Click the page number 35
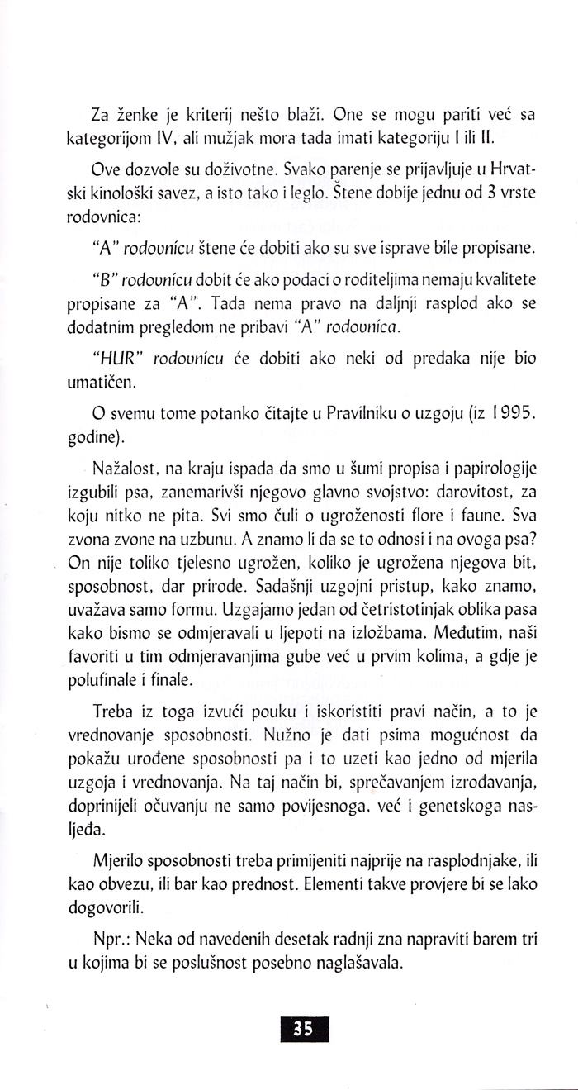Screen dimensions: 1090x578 (x=301, y=1029)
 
